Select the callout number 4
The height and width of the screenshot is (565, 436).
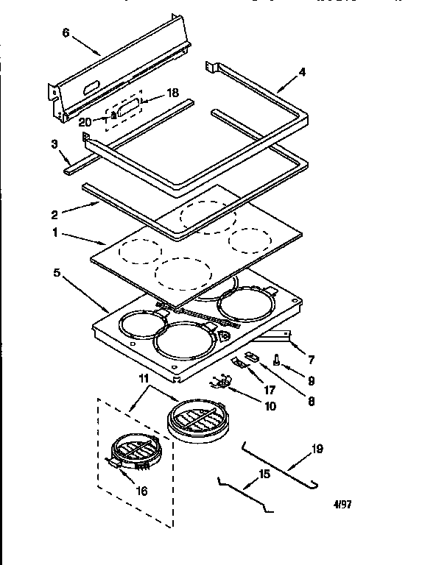pos(301,73)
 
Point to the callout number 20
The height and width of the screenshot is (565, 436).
pos(85,122)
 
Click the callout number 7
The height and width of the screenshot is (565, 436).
pos(312,360)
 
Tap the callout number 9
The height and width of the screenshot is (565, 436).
pos(311,382)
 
